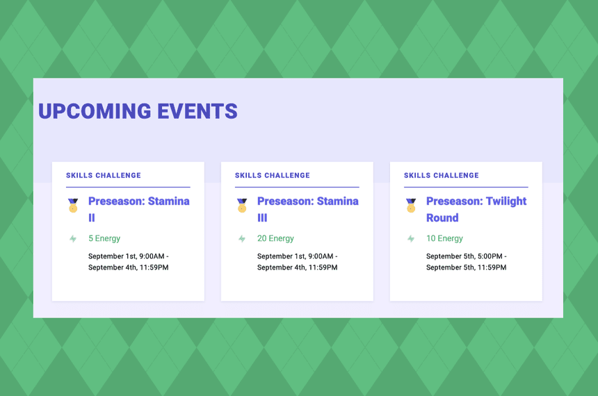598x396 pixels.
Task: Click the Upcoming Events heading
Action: coord(138,111)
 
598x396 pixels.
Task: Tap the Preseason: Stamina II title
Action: coord(138,209)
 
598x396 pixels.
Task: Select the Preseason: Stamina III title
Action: coord(307,209)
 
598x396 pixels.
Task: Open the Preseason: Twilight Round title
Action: coord(476,209)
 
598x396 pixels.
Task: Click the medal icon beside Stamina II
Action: coord(73,205)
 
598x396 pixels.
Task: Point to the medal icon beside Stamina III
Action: coord(242,205)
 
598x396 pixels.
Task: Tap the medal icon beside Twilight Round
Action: coord(411,205)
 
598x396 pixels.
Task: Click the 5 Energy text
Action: coord(104,238)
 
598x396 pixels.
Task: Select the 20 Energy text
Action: coord(275,238)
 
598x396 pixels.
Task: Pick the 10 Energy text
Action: coord(444,238)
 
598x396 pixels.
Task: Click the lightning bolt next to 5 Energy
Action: coord(73,239)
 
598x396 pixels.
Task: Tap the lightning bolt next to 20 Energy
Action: coord(242,239)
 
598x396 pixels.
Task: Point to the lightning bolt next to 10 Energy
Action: coord(411,239)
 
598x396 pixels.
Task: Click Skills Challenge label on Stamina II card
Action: coord(104,176)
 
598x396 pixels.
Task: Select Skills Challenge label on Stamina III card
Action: coord(273,176)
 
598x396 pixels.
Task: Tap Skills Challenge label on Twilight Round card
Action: coord(442,176)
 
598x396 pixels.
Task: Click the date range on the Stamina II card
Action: coord(129,262)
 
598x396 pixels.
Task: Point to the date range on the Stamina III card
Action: coord(298,262)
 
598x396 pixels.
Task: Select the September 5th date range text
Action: coord(467,262)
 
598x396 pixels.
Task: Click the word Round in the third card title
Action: coord(442,218)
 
